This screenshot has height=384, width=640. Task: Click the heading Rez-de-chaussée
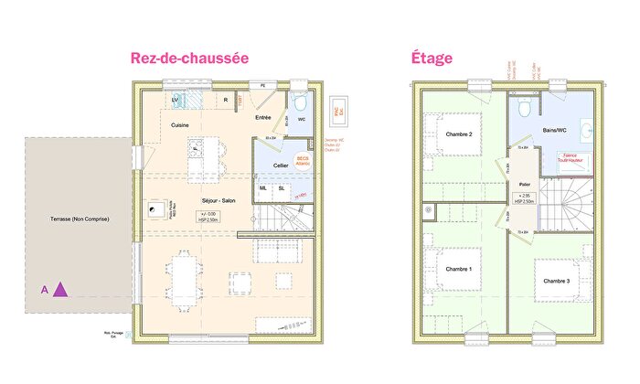click(189, 58)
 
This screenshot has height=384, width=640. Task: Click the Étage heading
click(430, 58)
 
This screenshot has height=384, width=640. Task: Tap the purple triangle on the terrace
click(60, 290)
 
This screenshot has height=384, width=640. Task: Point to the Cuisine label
click(180, 124)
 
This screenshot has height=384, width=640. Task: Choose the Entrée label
click(263, 117)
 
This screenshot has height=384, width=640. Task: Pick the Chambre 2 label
click(458, 135)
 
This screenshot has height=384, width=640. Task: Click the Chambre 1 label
click(458, 269)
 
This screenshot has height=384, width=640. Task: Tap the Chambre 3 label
click(557, 281)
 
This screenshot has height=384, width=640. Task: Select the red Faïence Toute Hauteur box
click(576, 158)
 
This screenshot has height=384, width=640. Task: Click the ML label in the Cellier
click(264, 188)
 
